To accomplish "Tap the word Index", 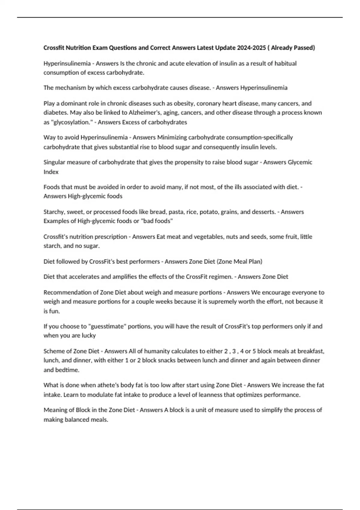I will coord(51,172).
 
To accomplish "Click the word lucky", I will coord(88,336).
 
